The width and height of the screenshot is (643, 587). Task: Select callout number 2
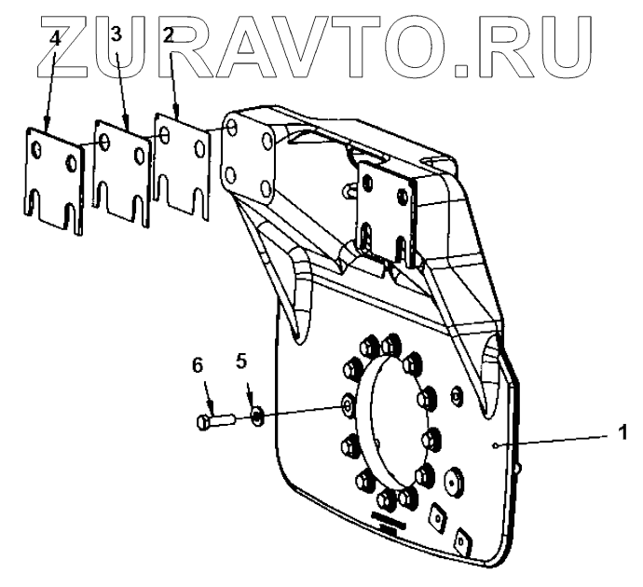[x=169, y=36]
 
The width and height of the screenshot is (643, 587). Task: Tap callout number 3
[x=116, y=36]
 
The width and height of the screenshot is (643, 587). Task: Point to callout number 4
[x=56, y=36]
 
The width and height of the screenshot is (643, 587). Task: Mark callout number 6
[x=198, y=365]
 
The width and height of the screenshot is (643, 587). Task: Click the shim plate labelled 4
[x=52, y=177]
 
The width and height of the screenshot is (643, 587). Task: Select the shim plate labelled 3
[x=121, y=172]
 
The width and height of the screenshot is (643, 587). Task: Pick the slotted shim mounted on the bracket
[x=387, y=211]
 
